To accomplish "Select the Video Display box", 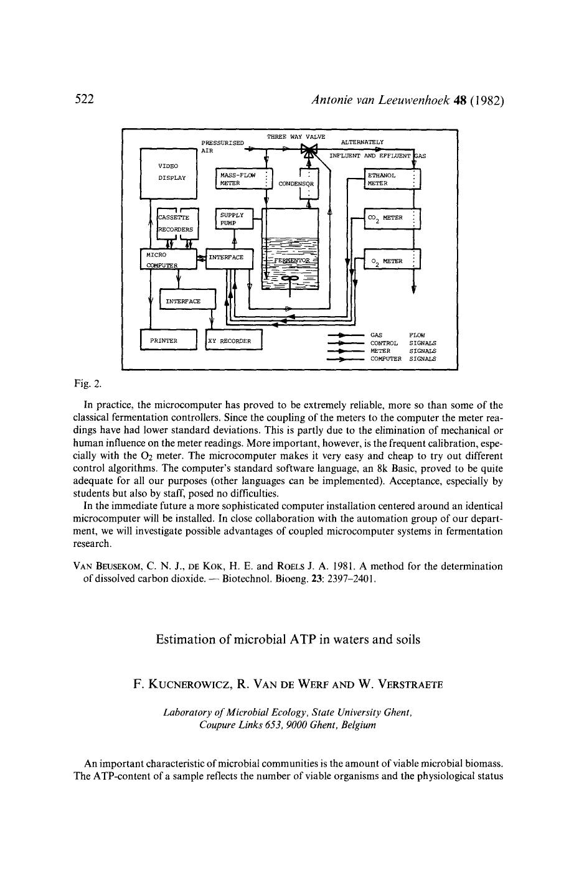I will coord(168,173).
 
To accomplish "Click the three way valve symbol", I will coord(309,150).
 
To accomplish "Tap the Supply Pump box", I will coord(234,218).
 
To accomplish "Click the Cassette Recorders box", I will coord(176,223).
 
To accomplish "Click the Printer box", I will coord(169,340).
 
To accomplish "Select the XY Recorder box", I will coord(234,340).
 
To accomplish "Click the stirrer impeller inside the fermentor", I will coord(290,278).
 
